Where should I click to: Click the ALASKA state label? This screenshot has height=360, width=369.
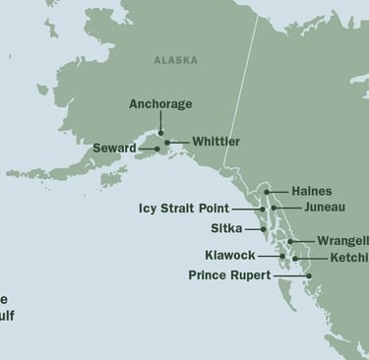pyautogui.click(x=175, y=61)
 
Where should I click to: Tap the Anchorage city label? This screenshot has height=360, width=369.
pyautogui.click(x=160, y=104)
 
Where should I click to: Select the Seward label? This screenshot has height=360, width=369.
pyautogui.click(x=114, y=149)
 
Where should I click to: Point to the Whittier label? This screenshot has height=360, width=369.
pyautogui.click(x=216, y=142)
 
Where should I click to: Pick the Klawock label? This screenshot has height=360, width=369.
pyautogui.click(x=229, y=256)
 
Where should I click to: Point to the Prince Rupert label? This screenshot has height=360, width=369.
pyautogui.click(x=229, y=275)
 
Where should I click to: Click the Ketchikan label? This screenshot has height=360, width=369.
pyautogui.click(x=348, y=258)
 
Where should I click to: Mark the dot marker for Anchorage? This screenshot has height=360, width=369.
pyautogui.click(x=160, y=131)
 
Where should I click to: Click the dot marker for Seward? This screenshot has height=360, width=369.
pyautogui.click(x=157, y=150)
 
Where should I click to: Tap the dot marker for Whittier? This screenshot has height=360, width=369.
pyautogui.click(x=167, y=143)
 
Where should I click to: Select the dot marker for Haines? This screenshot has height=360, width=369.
pyautogui.click(x=265, y=192)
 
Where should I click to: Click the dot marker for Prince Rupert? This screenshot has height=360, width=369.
pyautogui.click(x=308, y=275)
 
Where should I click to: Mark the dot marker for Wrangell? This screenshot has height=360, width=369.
pyautogui.click(x=290, y=241)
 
